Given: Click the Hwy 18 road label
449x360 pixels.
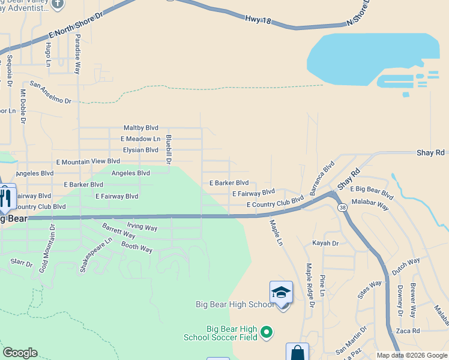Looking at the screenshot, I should pos(259,20).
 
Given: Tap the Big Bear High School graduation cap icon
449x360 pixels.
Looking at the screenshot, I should pos(280,293).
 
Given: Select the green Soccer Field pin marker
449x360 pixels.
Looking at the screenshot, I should pos(267,331).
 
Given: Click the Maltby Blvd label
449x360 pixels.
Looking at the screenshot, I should pos(140,128).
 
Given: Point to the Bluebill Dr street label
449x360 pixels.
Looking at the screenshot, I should pos(169,149).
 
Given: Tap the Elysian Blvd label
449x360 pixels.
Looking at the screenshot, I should pos(140,150).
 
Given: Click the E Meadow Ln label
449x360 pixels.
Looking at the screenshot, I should pos(140,139).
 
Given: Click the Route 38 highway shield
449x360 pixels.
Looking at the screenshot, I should pos(342,208).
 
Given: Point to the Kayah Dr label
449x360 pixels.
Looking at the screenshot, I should pos(325,243).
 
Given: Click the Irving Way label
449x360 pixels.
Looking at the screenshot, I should pos(142,228).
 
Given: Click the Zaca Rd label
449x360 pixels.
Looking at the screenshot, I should pos(408,331).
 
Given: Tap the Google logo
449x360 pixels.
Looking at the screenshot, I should pos(20,353).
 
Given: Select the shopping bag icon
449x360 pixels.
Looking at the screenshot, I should pos(297,352).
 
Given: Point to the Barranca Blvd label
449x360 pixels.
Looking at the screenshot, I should pos(322,178).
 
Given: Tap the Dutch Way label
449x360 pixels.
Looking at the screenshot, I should pos(406,266).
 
